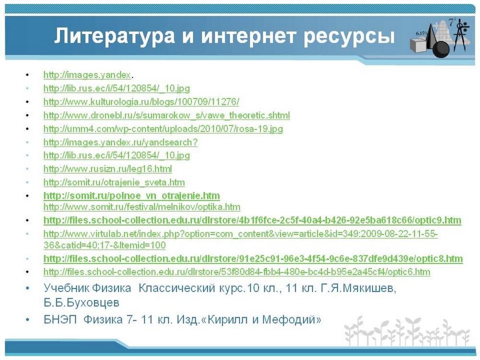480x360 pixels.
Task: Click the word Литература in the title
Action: [115, 36]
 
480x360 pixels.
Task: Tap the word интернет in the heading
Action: [248, 36]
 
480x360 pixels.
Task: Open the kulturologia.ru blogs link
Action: [141, 102]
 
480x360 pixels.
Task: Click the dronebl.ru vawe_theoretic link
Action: [167, 115]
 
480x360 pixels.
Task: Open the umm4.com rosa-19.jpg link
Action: [163, 129]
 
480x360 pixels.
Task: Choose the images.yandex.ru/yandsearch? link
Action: [120, 143]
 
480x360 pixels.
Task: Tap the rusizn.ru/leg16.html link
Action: [108, 169]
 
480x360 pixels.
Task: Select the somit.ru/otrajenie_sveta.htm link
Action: [114, 182]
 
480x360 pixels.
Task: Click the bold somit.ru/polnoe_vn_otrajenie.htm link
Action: [132, 196]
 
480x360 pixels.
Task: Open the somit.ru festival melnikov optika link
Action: [142, 207]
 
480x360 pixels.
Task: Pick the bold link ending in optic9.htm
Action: [252, 220]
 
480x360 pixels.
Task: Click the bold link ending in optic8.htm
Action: [253, 259]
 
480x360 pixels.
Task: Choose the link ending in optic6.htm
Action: [237, 272]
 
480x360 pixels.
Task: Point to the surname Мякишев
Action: [369, 288]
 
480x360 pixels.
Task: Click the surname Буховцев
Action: [82, 303]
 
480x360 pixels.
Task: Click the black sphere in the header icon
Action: [441, 49]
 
